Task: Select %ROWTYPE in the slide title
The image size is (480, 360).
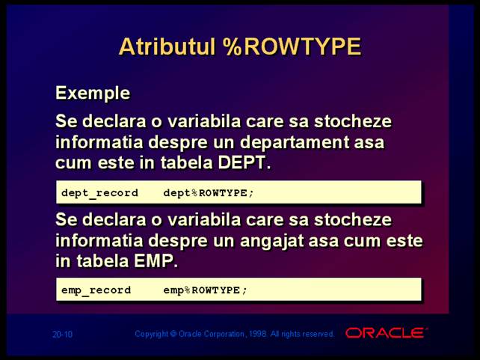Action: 292,46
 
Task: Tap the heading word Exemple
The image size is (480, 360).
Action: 93,93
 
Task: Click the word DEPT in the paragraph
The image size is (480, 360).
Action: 244,162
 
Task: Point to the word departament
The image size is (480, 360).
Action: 294,143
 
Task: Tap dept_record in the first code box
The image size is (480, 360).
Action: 99,193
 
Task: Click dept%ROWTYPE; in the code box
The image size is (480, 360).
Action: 209,193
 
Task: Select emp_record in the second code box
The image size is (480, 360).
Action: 96,290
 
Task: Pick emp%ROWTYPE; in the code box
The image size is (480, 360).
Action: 205,290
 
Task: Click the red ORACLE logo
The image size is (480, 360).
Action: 386,333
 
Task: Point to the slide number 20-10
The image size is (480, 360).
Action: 63,334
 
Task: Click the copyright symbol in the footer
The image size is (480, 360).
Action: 173,333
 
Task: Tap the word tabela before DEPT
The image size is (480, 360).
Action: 186,162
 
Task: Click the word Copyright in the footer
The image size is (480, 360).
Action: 151,334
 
